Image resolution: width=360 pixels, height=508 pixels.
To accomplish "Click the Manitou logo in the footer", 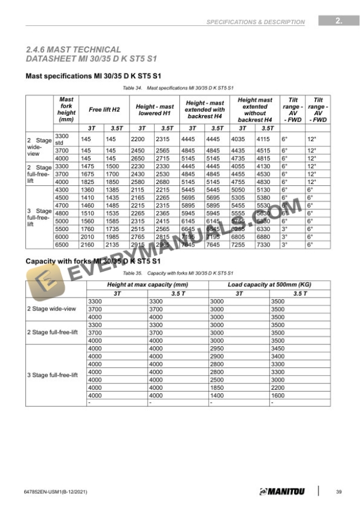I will point(282,492).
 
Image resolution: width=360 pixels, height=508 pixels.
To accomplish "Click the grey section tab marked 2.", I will point(339,21).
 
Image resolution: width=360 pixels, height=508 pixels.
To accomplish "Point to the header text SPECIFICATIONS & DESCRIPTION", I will point(255,22).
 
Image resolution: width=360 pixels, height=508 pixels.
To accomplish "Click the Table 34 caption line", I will point(178,87).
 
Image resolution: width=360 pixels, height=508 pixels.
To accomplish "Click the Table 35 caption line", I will point(178,273).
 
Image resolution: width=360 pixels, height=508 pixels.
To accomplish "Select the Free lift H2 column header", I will point(104,109).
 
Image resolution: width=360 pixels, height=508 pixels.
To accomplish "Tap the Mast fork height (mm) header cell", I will point(66,109).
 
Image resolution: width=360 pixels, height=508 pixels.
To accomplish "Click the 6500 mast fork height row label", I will point(62,244).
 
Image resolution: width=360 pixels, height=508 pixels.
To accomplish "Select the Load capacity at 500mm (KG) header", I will point(269,285).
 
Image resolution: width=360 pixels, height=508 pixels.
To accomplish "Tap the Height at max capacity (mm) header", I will point(147,285).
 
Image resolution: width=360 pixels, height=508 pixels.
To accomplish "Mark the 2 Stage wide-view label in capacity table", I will point(52,309).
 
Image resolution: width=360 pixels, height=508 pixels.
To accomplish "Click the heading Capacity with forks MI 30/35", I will point(94,260).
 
